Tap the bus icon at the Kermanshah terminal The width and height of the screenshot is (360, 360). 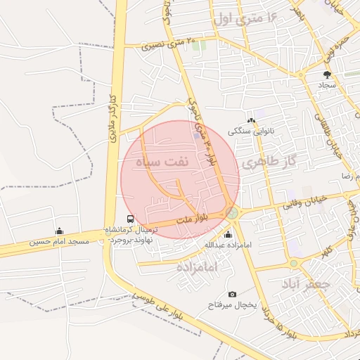click(129, 219)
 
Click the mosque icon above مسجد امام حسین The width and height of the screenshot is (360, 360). click(59, 231)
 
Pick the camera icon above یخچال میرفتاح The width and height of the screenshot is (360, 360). click(233, 294)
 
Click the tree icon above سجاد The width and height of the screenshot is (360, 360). click(327, 74)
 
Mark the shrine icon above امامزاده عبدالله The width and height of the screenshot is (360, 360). click(227, 235)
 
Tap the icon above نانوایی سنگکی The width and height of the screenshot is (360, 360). click(250, 121)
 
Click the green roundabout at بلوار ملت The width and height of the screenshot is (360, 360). click(231, 212)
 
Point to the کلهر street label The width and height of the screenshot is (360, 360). click(326, 251)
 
